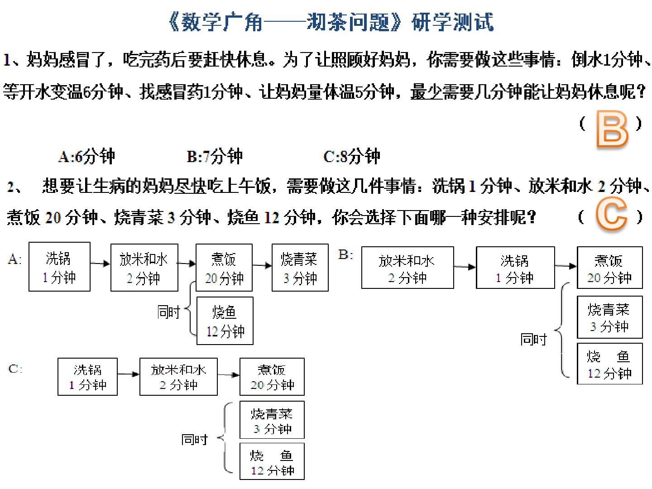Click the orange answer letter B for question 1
tap(613, 129)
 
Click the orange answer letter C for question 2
tap(611, 213)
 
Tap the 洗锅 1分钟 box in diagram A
tap(59, 267)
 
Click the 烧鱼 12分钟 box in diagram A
tap(225, 321)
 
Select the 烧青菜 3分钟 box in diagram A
tap(300, 268)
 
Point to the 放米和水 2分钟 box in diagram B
tap(407, 268)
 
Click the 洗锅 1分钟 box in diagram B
tap(515, 268)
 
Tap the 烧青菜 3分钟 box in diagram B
tap(610, 317)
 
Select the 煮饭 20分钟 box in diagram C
tap(272, 376)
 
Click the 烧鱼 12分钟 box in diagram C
tap(272, 461)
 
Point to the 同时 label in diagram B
tap(533, 339)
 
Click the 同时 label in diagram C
tap(195, 439)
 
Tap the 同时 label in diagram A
tap(169, 312)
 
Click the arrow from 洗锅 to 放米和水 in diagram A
tap(101, 264)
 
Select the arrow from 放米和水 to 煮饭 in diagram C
tap(228, 375)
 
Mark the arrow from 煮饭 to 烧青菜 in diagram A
tap(262, 265)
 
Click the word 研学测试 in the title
tap(452, 22)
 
